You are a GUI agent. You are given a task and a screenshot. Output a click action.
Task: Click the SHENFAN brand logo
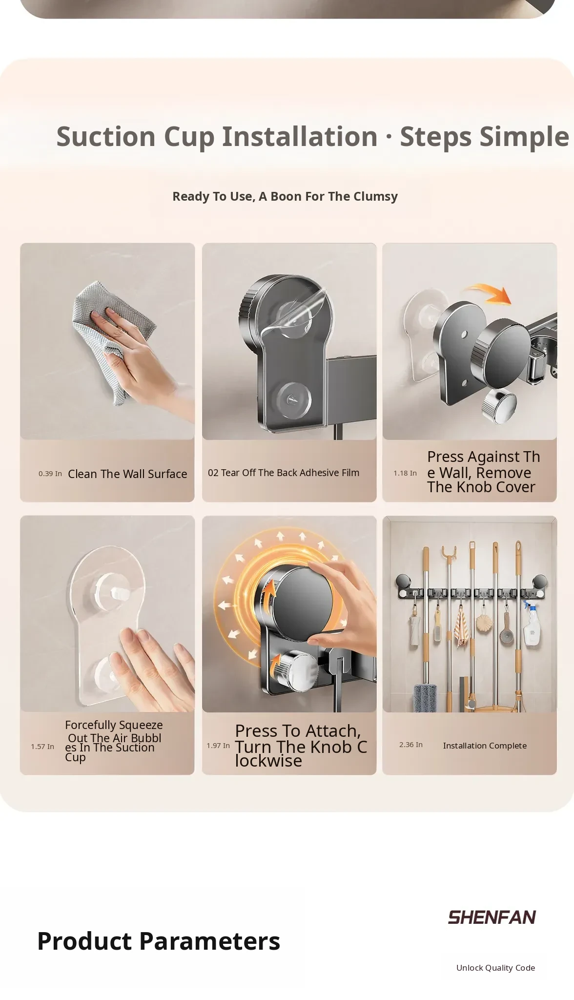point(492,917)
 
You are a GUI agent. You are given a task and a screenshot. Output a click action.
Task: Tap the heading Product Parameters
point(159,941)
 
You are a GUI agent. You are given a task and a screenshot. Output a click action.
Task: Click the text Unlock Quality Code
point(495,968)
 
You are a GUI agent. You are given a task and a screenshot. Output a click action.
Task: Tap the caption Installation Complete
point(485,746)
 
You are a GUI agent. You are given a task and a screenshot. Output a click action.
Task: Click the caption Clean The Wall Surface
point(127,474)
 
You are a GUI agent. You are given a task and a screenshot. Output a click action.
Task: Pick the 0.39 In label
point(50,474)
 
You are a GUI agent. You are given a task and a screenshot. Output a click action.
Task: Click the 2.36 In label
point(411,745)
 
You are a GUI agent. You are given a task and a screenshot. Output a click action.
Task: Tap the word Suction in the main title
point(106,136)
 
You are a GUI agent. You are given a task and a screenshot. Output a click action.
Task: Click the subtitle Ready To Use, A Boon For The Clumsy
point(285,196)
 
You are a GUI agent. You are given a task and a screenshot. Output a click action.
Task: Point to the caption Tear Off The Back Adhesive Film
point(290,473)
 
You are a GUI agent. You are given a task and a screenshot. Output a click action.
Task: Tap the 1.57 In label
point(42,747)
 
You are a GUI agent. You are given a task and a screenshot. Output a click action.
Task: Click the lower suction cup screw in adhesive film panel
point(292,399)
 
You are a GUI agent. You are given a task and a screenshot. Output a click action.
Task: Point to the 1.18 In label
point(405,473)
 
